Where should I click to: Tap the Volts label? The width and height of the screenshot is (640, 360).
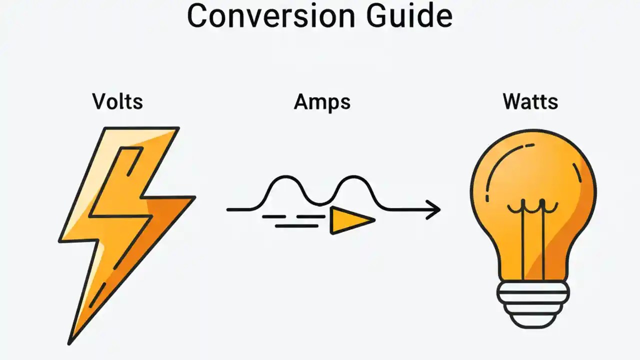click(x=117, y=101)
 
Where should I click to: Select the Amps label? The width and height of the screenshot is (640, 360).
click(x=322, y=101)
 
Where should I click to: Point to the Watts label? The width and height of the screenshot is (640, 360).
click(x=530, y=101)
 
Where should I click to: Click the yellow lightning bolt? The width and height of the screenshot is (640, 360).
click(x=125, y=210)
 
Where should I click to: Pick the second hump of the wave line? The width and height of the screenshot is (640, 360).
click(x=353, y=178)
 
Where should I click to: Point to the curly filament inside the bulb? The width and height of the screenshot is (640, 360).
click(x=533, y=206)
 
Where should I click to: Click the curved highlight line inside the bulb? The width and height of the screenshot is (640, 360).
click(x=497, y=165)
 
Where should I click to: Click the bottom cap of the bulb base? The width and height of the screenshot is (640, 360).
click(x=533, y=321)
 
